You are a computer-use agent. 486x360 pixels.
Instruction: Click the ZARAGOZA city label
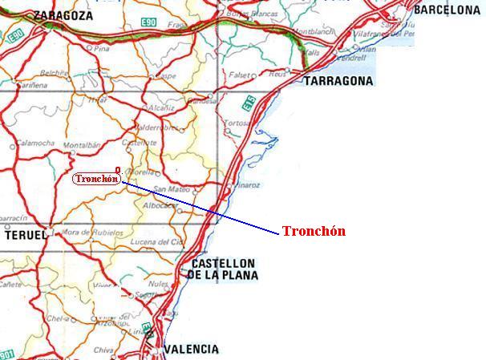(x=63, y=15)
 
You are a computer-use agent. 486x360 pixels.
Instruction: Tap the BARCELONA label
(x=446, y=10)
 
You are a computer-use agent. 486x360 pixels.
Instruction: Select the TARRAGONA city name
(x=338, y=81)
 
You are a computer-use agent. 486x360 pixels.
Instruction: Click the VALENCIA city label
(x=191, y=350)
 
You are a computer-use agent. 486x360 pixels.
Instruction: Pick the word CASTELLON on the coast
(x=224, y=263)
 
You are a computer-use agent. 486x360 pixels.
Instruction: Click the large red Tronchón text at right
(x=314, y=231)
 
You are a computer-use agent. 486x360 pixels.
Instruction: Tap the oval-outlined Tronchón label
(x=96, y=179)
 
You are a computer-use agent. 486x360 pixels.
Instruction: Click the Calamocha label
(x=35, y=143)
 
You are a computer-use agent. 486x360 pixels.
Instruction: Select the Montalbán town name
(x=83, y=146)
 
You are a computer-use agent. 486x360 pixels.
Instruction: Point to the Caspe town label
(x=165, y=76)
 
